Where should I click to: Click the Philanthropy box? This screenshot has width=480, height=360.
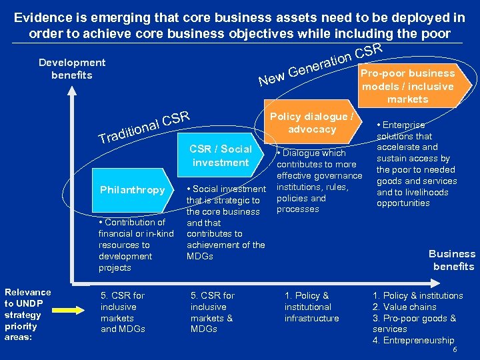pos(132,190)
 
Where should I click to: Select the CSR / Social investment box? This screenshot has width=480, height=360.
pos(220,155)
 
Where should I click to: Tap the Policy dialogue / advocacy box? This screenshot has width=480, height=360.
pos(311,123)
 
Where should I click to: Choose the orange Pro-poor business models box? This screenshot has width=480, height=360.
pos(407,86)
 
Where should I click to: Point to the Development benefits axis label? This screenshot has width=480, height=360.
pos(71,69)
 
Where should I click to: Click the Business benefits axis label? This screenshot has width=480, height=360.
pos(451,260)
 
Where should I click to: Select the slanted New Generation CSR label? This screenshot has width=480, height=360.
pos(320,66)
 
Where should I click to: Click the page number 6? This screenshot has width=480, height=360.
pos(455,349)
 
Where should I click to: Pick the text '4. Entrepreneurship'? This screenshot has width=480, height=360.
pos(413,341)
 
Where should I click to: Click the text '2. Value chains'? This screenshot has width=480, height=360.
pos(404,307)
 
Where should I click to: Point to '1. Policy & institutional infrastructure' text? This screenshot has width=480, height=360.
pos(311,307)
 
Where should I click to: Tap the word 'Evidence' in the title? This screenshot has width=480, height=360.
pos(44,17)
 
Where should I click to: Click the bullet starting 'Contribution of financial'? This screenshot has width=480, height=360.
pos(135,245)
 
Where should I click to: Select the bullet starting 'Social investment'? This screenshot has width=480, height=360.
pos(225,223)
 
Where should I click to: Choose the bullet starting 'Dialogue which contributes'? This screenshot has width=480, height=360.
pos(319,181)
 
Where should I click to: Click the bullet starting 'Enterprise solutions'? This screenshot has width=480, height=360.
pos(417,164)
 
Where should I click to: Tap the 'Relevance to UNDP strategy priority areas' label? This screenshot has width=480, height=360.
pos(27,315)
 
